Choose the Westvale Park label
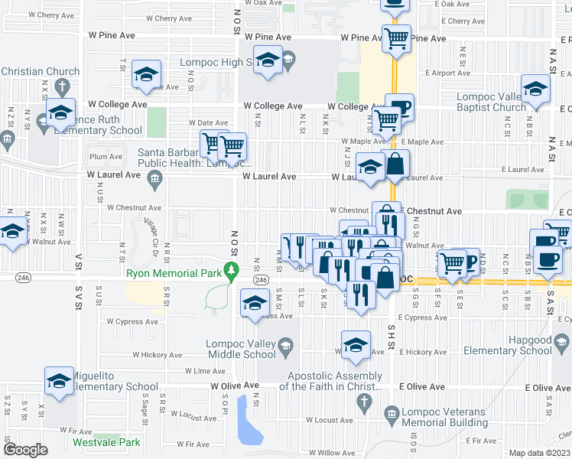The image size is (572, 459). coord(106,441)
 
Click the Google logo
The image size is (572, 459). coord(25,450)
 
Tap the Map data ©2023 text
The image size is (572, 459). coord(540,453)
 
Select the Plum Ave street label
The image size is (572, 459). coord(106,157)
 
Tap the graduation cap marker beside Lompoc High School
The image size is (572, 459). coord(268,60)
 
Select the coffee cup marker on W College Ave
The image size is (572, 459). coord(398,106)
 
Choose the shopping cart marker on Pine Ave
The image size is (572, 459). coord(396,37)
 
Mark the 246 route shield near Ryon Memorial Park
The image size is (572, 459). coord(261,281)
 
